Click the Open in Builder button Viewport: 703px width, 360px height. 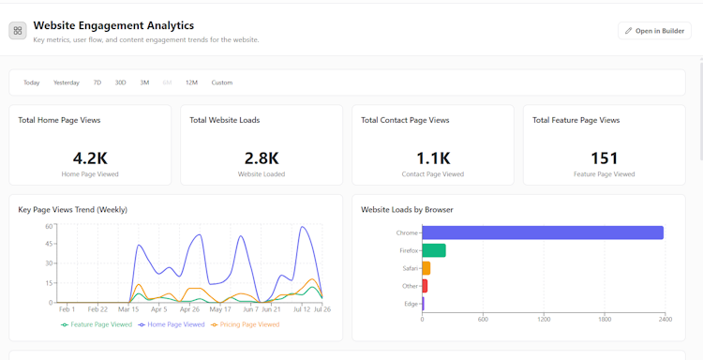654,31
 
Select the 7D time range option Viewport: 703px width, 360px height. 97,82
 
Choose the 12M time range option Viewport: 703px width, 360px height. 191,82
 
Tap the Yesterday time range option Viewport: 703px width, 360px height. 67,82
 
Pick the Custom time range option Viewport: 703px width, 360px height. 222,82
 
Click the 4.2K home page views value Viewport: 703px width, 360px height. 90,158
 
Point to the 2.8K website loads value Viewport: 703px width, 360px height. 262,158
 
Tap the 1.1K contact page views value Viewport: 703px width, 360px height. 433,158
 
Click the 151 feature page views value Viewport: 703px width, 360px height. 605,158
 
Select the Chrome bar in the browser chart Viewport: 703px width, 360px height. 543,232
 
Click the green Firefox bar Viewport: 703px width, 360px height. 434,250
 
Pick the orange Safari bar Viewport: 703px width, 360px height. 426,268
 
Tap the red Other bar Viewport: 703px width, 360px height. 425,286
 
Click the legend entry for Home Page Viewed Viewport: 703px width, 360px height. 172,324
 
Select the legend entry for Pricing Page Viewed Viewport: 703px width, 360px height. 246,324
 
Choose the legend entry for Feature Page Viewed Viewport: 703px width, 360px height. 97,324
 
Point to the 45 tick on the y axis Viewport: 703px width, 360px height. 49,244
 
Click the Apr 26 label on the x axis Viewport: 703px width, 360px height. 189,309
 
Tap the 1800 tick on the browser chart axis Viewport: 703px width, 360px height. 605,319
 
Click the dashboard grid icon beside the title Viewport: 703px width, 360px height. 18,31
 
